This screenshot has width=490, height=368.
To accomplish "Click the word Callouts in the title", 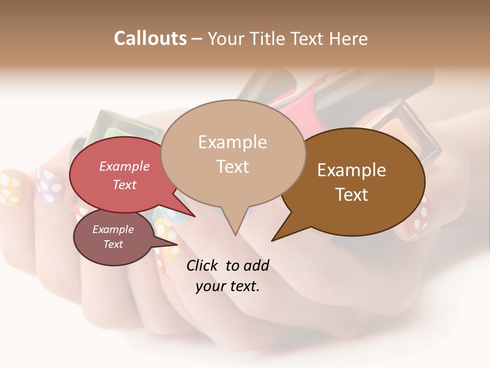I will (x=150, y=38).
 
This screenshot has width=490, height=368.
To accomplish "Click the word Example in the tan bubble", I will (x=232, y=142).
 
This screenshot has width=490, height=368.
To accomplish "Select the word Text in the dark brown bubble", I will (x=352, y=195).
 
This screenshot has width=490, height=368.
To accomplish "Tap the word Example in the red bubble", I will (x=124, y=166).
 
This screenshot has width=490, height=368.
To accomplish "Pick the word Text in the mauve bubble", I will (x=113, y=244).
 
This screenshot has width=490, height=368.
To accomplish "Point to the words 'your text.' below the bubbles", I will (x=228, y=286).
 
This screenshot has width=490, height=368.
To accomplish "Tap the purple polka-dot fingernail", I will (x=49, y=181).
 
